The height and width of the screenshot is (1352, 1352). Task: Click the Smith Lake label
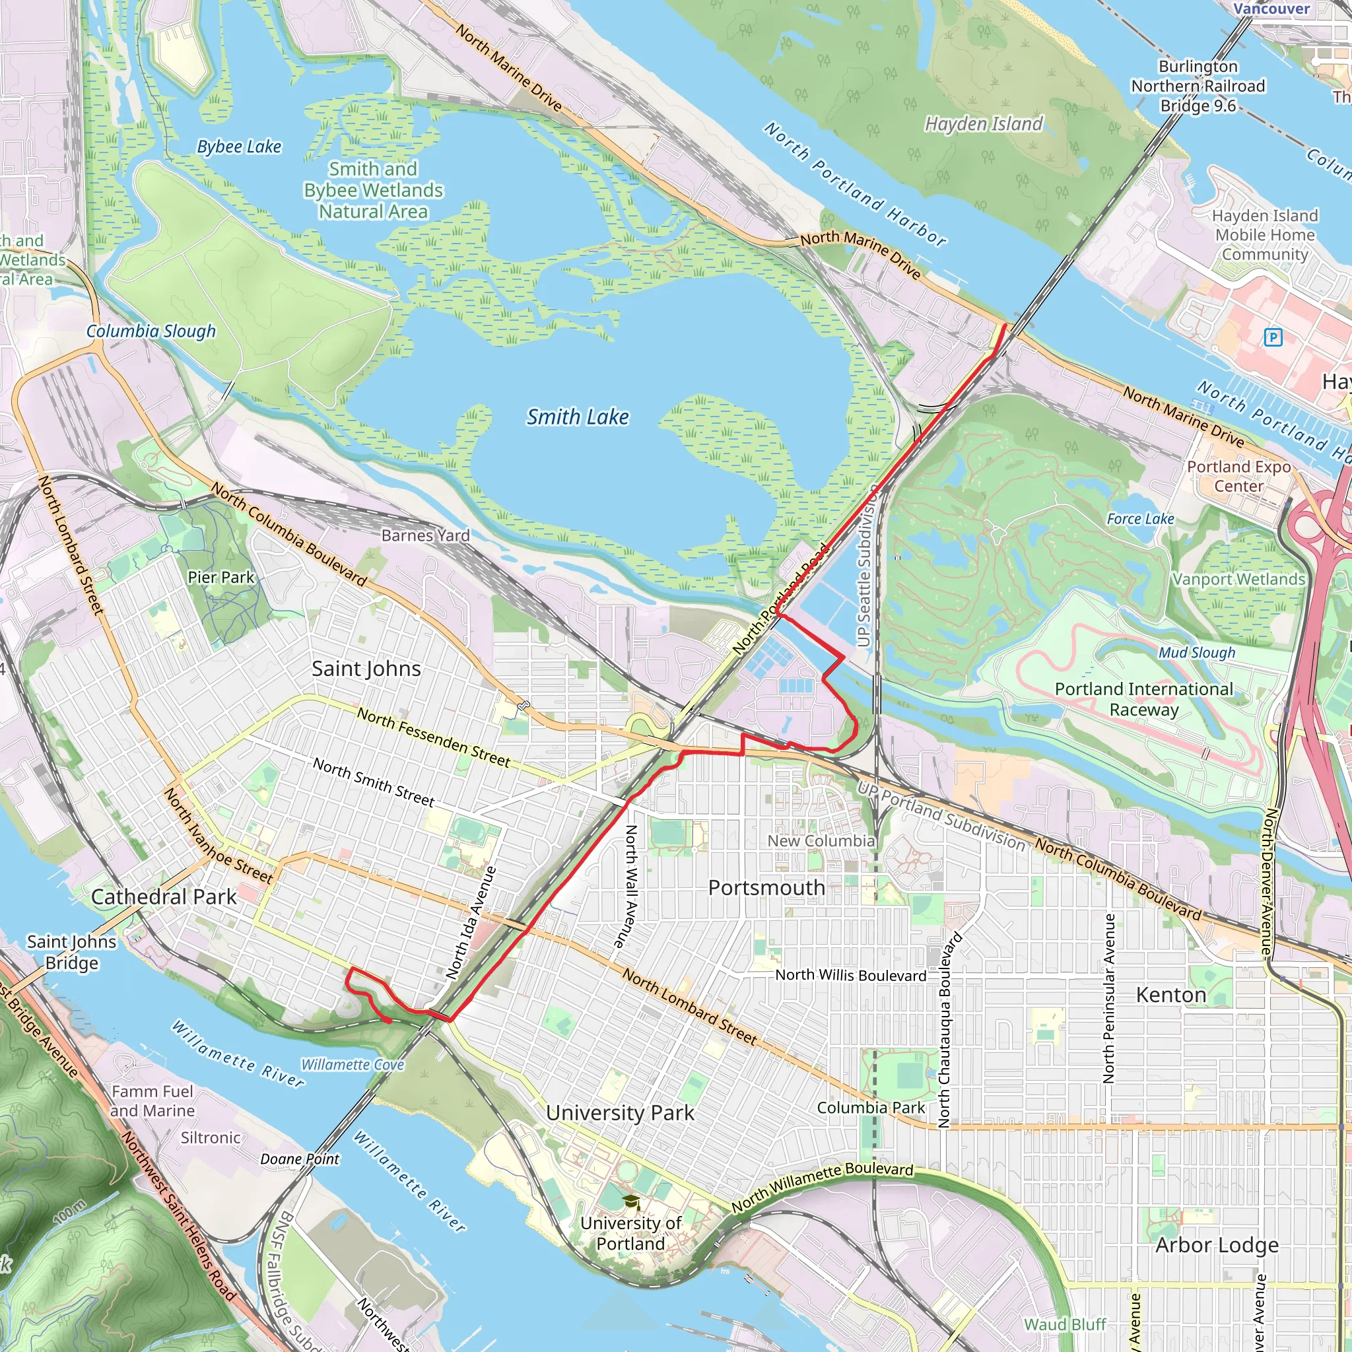[578, 417]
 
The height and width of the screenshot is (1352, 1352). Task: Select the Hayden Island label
[983, 125]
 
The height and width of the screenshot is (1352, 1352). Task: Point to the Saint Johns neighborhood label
[366, 669]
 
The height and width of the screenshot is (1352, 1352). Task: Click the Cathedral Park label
[164, 897]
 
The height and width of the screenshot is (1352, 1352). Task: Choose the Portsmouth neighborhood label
[766, 888]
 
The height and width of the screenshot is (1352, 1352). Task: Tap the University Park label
[620, 1112]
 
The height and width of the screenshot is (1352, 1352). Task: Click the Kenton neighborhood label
[1170, 995]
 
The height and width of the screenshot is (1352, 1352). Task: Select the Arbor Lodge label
[1217, 1246]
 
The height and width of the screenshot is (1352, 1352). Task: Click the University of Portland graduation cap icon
[631, 1203]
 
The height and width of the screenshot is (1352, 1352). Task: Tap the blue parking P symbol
[1273, 338]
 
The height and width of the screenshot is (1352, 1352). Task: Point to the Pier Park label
[221, 578]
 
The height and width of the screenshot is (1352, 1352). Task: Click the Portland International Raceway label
[1143, 699]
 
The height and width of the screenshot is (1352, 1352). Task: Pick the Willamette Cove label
[353, 1065]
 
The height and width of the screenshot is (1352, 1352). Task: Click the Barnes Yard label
[426, 536]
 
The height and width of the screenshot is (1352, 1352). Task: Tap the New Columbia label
[821, 841]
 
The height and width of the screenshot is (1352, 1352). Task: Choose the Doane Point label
[300, 1159]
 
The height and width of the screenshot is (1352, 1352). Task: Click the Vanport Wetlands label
[1238, 580]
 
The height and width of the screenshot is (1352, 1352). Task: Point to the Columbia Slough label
[151, 331]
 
